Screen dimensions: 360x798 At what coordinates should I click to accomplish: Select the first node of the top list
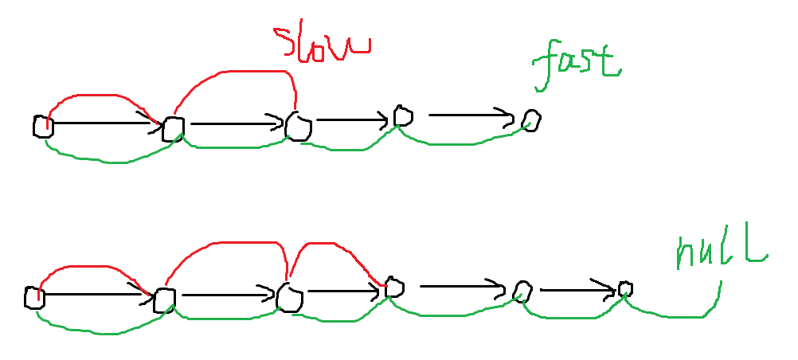pyautogui.click(x=42, y=126)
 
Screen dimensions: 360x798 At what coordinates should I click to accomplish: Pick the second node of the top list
pyautogui.click(x=173, y=128)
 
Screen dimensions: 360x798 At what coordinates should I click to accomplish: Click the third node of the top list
pyautogui.click(x=299, y=126)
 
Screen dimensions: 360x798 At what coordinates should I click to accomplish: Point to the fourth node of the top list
pyautogui.click(x=403, y=118)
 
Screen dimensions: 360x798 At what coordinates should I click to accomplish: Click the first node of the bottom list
pyautogui.click(x=33, y=298)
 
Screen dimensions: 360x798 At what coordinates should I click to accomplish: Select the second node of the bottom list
pyautogui.click(x=164, y=299)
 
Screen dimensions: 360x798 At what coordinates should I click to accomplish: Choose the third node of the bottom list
pyautogui.click(x=289, y=297)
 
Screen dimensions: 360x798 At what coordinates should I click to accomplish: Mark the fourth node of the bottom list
pyautogui.click(x=394, y=288)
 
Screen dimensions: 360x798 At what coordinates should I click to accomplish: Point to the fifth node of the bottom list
pyautogui.click(x=522, y=291)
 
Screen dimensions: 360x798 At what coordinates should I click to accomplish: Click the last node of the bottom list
pyautogui.click(x=625, y=288)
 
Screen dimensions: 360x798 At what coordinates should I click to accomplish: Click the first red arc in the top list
pyautogui.click(x=100, y=96)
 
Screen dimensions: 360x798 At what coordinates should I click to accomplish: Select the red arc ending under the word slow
pyautogui.click(x=239, y=72)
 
